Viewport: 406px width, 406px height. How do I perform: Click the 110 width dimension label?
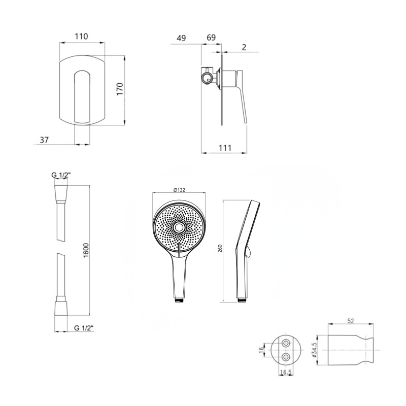pyautogui.click(x=81, y=36)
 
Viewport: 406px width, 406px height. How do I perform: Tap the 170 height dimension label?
pyautogui.click(x=120, y=89)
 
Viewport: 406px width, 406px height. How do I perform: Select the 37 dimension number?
pyautogui.click(x=44, y=140)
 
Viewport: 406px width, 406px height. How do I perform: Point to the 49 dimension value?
pyautogui.click(x=181, y=38)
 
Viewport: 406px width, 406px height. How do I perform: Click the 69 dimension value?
pyautogui.click(x=211, y=38)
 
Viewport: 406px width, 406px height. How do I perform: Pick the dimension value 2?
pyautogui.click(x=244, y=47)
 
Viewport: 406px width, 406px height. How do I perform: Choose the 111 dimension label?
pyautogui.click(x=225, y=148)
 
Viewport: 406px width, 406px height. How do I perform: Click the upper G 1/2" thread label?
pyautogui.click(x=61, y=175)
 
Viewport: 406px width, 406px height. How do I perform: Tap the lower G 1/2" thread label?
pyautogui.click(x=84, y=328)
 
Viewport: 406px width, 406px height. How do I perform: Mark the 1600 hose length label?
pyautogui.click(x=86, y=250)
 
